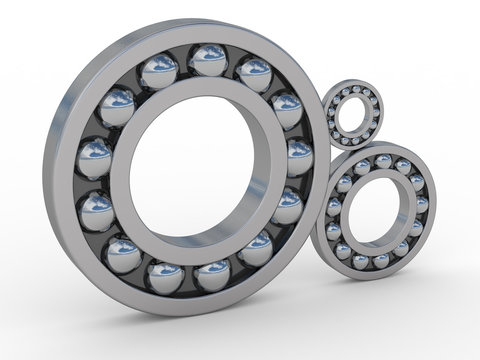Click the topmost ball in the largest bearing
209,61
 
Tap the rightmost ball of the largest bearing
299,156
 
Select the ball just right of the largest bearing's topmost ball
254,74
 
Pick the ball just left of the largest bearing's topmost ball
159,71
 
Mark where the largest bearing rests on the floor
190,312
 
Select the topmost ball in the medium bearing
383,161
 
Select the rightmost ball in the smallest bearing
378,112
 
